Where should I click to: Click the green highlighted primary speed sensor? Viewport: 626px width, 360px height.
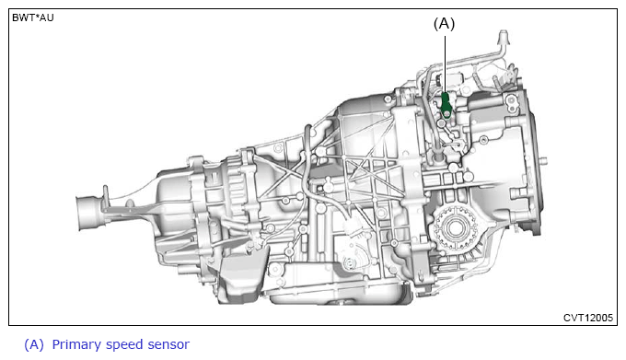point(446,105)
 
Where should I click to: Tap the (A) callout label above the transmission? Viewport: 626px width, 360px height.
point(444,24)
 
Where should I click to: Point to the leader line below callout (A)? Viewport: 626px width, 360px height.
point(446,64)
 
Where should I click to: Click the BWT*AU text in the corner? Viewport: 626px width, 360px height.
point(33,18)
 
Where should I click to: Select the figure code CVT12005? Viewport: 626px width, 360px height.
point(587,318)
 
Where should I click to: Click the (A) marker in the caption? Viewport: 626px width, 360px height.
point(34,344)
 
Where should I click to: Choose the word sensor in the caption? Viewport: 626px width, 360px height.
point(168,345)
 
